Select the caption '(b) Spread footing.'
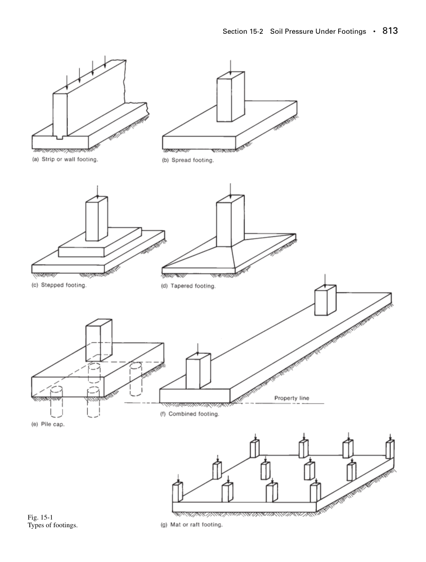pos(188,161)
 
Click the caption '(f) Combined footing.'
pos(189,414)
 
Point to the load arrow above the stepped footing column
pos(98,192)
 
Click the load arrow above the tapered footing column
pos(231,191)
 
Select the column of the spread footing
pos(231,97)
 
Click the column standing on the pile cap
pos(99,342)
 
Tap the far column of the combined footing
pos(325,300)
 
